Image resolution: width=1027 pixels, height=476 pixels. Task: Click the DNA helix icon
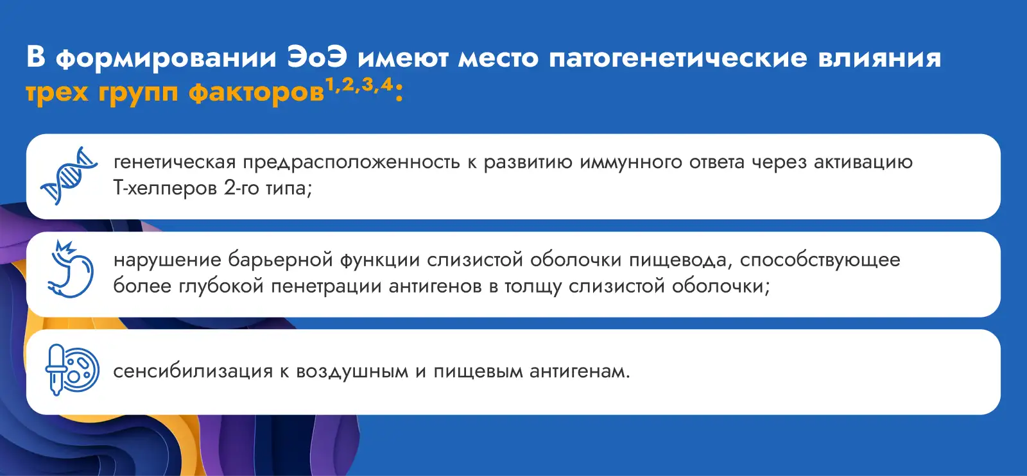pyautogui.click(x=69, y=176)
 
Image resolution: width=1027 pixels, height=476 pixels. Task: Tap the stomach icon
pyautogui.click(x=71, y=269)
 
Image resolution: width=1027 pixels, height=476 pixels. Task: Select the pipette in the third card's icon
pyautogui.click(x=56, y=370)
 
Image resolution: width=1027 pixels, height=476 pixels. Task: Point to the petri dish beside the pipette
pyautogui.click(x=82, y=370)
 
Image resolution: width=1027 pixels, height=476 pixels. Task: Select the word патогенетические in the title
pyautogui.click(x=678, y=58)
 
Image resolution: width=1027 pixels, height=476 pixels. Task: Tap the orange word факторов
pyautogui.click(x=257, y=92)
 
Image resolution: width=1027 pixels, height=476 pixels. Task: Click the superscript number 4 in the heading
pyautogui.click(x=386, y=84)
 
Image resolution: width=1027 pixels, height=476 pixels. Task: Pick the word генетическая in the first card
pyautogui.click(x=175, y=162)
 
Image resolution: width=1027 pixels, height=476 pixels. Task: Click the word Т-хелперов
pyautogui.click(x=164, y=188)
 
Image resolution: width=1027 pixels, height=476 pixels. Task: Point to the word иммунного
pyautogui.click(x=631, y=162)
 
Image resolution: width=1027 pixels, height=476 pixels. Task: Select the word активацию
pyautogui.click(x=863, y=162)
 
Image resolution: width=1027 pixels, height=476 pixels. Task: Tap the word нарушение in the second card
pyautogui.click(x=167, y=260)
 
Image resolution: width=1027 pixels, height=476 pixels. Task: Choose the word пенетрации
pyautogui.click(x=326, y=287)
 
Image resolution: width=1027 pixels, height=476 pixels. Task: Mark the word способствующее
pyautogui.click(x=820, y=260)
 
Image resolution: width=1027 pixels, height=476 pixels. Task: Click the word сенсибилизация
pyautogui.click(x=193, y=371)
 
